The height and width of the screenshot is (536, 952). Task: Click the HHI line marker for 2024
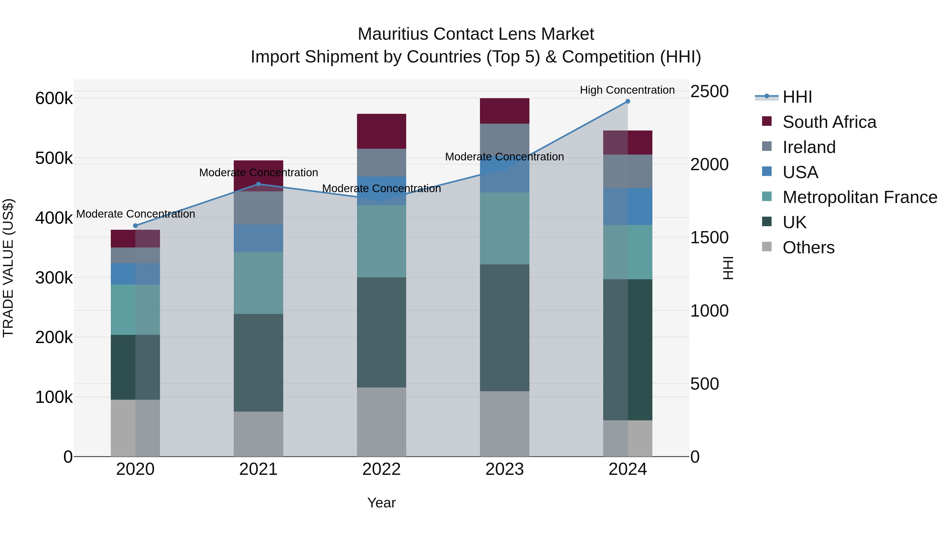pos(628,101)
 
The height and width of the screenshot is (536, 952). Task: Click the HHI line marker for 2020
pos(135,226)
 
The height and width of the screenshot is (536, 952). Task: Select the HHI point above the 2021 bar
pos(258,184)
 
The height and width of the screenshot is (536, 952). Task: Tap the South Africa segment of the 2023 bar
pos(505,111)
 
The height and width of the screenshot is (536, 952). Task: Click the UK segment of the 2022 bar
pos(381,332)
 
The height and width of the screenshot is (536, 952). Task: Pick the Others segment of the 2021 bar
pos(258,434)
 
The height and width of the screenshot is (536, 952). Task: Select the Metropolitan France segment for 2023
pos(505,228)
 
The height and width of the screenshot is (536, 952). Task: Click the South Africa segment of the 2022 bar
pos(381,131)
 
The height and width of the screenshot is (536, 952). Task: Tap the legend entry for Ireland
pos(809,147)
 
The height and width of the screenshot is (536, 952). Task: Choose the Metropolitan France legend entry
pos(859,197)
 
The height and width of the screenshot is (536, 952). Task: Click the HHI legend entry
pos(797,97)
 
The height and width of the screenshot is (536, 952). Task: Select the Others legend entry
pos(808,247)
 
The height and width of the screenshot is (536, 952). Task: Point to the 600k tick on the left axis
pos(54,98)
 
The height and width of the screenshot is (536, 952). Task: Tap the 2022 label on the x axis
pos(381,469)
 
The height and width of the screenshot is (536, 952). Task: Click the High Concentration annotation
pos(627,90)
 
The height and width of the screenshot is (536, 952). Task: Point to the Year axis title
pos(381,503)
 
